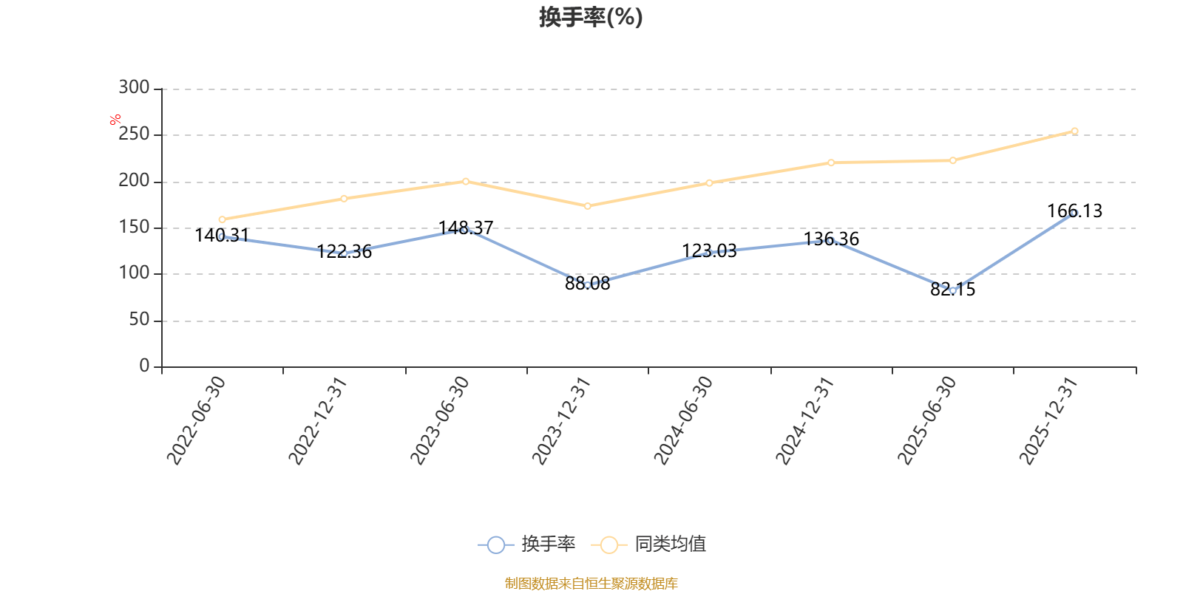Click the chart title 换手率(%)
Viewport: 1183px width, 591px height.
591,17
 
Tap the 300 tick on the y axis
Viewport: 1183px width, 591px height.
134,88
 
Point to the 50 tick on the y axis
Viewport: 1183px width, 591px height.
139,321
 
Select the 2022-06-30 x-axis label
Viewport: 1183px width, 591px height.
195,420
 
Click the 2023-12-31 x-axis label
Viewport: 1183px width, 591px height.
561,420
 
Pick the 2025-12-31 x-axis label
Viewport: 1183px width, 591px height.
1048,420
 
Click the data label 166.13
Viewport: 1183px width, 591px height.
1074,211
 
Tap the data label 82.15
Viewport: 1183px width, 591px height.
952,290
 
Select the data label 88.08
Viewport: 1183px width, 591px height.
587,284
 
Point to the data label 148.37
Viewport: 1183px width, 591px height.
466,228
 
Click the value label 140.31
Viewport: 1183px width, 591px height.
222,236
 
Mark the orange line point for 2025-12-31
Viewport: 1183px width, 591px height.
1074,131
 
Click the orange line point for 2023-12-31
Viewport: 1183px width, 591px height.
587,206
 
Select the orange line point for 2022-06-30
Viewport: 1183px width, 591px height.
222,219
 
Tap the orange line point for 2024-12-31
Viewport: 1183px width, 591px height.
831,163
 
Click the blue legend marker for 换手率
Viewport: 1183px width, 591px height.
496,544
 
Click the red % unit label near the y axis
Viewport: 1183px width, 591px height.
115,119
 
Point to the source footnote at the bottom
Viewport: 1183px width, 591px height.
591,584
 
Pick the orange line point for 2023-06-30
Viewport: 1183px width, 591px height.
466,181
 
